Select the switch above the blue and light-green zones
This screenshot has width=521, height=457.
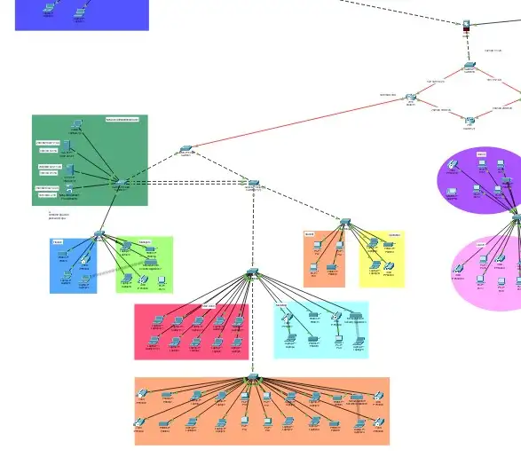99,234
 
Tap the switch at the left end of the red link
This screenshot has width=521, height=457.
185,149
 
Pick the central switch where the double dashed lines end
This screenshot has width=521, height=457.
253,182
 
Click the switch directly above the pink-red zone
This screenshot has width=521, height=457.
252,272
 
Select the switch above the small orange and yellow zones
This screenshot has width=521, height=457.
344,221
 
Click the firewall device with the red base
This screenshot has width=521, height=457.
467,26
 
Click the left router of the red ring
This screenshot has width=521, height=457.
411,97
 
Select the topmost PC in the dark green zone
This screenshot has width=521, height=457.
77,125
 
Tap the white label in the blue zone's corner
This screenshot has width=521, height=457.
58,241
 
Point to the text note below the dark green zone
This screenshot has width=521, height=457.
58,215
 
